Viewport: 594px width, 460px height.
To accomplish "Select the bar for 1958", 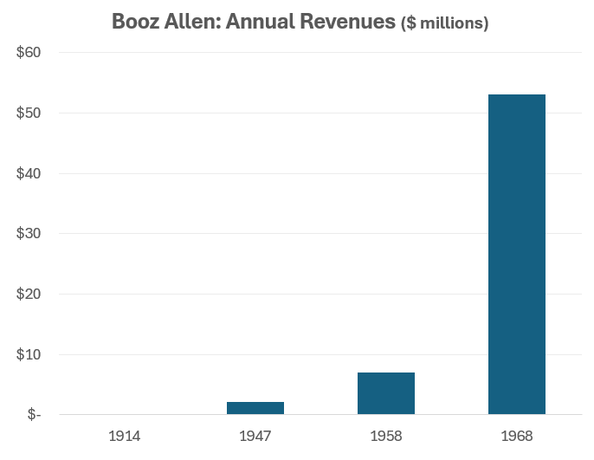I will pos(386,393).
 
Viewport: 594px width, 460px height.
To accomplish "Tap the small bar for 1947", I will pos(255,408).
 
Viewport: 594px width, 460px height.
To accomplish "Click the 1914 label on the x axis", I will pos(125,435).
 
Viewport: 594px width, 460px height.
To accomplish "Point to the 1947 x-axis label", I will pos(255,435).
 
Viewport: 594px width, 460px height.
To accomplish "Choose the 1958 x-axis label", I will pos(386,435).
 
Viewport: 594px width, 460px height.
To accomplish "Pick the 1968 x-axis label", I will pos(517,435).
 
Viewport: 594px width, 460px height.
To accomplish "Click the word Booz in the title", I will pos(135,21).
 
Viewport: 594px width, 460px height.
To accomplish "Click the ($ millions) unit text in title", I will pos(444,23).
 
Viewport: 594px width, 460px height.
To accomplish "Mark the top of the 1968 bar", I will pos(517,95).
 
